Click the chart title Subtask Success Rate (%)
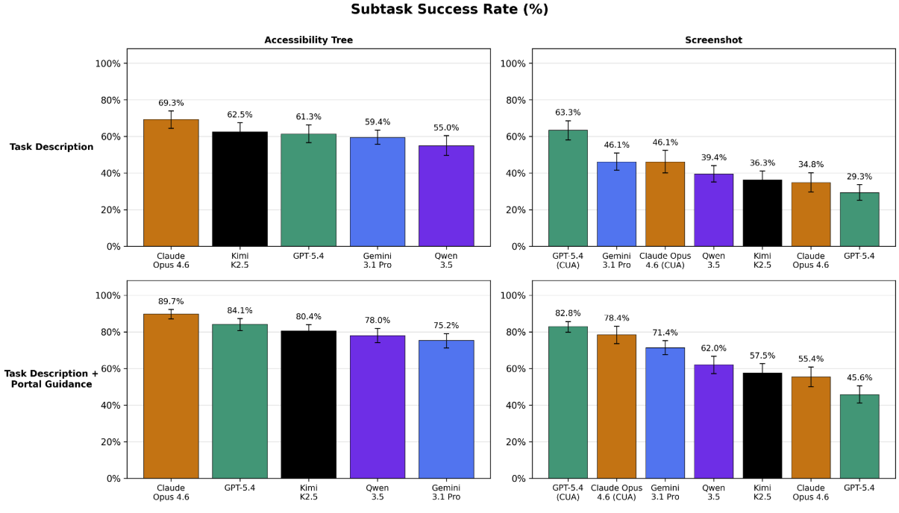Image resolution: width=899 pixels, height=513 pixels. pos(449,10)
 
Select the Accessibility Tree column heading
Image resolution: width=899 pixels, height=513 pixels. pos(308,40)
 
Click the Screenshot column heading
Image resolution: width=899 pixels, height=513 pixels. pos(713,40)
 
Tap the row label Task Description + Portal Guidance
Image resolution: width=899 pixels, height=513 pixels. pos(51,378)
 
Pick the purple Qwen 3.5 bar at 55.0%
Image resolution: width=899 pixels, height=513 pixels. pos(446,198)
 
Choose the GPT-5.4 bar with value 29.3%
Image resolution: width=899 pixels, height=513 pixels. pos(859,220)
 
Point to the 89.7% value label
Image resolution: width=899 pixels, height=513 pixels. pos(171,301)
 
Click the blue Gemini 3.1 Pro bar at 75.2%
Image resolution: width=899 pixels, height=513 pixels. pos(446,410)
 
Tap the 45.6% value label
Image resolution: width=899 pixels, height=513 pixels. pos(859,377)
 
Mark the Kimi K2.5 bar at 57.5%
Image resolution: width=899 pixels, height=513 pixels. pos(762,425)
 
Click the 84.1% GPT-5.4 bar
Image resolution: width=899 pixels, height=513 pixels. pos(239,403)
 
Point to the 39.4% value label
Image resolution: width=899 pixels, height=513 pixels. pos(713,157)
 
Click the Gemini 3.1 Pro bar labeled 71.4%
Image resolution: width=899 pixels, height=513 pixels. pos(665,414)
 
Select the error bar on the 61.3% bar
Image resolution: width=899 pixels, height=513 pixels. pos(308,133)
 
